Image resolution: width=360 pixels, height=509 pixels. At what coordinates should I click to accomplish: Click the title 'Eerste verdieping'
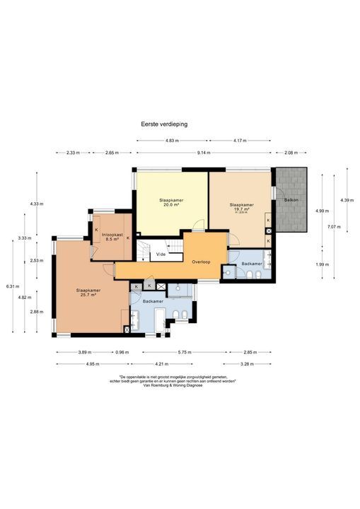(x=163, y=123)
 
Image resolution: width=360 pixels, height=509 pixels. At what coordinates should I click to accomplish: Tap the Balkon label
(x=291, y=200)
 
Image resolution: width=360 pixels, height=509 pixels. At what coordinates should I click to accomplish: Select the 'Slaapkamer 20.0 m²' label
(x=171, y=202)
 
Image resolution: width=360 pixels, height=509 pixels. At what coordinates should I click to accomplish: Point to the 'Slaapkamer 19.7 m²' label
(x=241, y=207)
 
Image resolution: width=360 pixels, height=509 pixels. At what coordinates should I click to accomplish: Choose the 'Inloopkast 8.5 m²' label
(x=111, y=237)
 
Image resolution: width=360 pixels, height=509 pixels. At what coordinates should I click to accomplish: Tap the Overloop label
(x=202, y=262)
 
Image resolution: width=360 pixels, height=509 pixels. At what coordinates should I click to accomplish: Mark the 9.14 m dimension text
(x=203, y=152)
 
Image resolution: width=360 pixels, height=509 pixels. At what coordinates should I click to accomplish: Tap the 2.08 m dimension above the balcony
(x=291, y=152)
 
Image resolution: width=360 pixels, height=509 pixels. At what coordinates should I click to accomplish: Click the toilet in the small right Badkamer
(x=227, y=271)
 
